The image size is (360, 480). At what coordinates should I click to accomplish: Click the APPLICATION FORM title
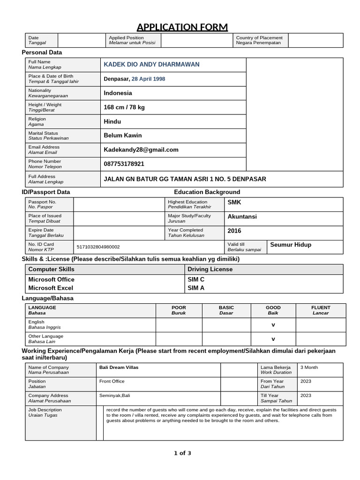[182, 26]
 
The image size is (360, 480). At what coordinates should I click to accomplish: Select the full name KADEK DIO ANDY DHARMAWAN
[151, 64]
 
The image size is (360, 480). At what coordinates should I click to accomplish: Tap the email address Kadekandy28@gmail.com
[141, 150]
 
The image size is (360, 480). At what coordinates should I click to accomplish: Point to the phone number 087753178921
[124, 164]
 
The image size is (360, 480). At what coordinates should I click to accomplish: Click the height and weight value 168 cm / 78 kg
[124, 107]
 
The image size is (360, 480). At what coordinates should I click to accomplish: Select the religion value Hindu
[112, 121]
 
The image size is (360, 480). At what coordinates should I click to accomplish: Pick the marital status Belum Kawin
[123, 135]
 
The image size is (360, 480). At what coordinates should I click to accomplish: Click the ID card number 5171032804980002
[97, 247]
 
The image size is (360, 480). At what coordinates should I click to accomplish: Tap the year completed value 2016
[234, 231]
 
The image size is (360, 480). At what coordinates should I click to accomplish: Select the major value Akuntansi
[242, 217]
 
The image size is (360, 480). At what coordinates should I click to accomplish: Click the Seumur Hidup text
[291, 245]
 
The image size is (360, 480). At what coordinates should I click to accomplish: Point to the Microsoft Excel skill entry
[51, 288]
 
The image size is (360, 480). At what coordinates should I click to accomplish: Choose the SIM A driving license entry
[196, 288]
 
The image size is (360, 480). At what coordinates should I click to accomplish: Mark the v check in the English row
[273, 325]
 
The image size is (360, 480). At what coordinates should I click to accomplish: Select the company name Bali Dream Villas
[119, 367]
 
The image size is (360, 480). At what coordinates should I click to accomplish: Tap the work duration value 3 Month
[309, 367]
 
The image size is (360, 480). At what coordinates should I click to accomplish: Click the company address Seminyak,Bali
[115, 396]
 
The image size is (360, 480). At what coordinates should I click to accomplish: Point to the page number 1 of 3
[182, 453]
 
